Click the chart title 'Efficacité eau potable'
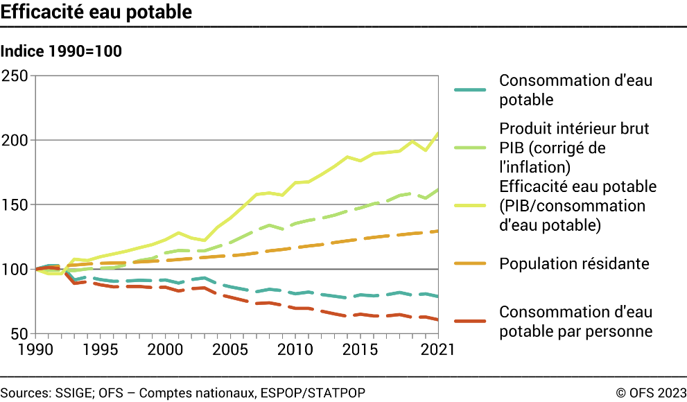(x=96, y=12)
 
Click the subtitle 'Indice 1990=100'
(x=62, y=51)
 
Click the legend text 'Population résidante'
(x=574, y=264)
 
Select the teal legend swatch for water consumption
(x=473, y=90)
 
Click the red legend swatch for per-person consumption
(x=473, y=321)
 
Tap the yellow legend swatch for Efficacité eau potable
(x=473, y=206)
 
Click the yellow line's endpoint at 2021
(x=437, y=133)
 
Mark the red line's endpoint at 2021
(x=437, y=320)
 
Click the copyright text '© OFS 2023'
(x=650, y=393)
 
